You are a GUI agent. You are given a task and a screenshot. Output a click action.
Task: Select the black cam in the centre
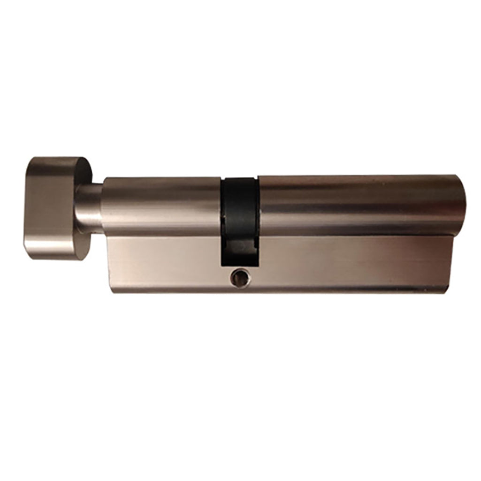point(239,206)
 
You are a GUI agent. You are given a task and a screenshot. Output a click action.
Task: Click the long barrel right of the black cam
point(357,205)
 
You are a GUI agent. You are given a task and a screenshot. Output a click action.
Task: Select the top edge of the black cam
point(239,178)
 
